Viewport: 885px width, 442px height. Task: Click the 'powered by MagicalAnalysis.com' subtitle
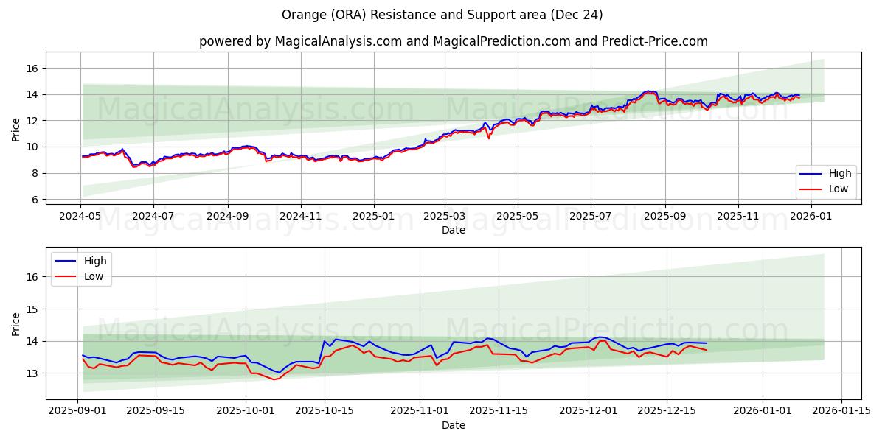point(453,41)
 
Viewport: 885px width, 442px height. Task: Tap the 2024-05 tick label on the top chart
point(80,217)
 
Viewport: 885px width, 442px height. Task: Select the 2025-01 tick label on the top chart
point(373,217)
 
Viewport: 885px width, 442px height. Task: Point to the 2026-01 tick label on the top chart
point(811,217)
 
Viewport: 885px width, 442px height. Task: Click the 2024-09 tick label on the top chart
point(227,217)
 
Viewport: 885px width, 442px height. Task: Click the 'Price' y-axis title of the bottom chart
point(16,323)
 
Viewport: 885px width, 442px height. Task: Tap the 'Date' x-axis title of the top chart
point(453,230)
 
